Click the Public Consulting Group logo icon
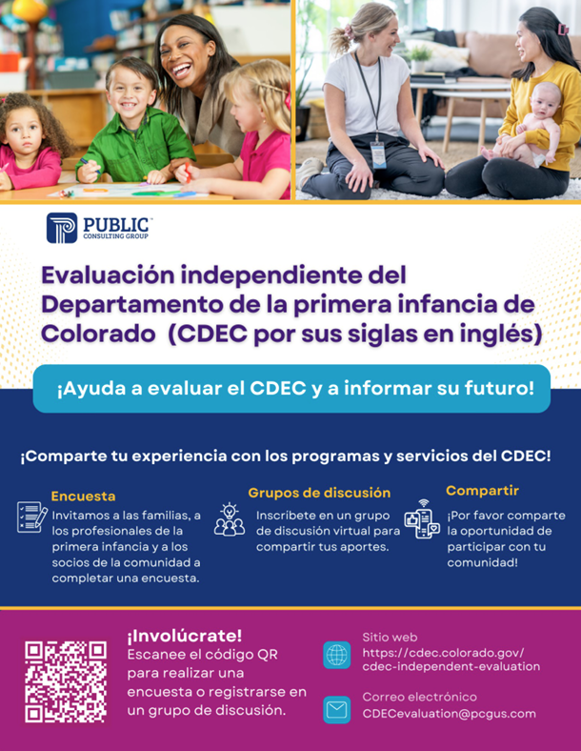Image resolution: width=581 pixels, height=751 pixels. click(61, 229)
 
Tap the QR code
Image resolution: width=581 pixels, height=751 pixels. click(66, 680)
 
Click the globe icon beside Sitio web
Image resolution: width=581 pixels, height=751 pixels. click(337, 655)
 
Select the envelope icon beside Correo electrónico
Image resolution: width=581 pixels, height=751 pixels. click(337, 709)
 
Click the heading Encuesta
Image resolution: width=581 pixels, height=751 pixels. click(83, 497)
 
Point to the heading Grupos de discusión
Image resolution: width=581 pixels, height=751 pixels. click(319, 493)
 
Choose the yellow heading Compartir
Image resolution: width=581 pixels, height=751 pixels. click(482, 491)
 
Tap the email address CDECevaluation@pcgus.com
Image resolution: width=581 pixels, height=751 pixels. click(449, 714)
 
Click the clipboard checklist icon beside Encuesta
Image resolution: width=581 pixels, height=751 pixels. click(31, 518)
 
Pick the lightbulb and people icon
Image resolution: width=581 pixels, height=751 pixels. click(229, 519)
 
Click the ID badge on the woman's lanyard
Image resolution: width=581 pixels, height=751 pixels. click(378, 152)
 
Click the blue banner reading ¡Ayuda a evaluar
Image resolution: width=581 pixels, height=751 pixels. click(291, 389)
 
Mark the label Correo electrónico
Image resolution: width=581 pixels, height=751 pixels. click(419, 697)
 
